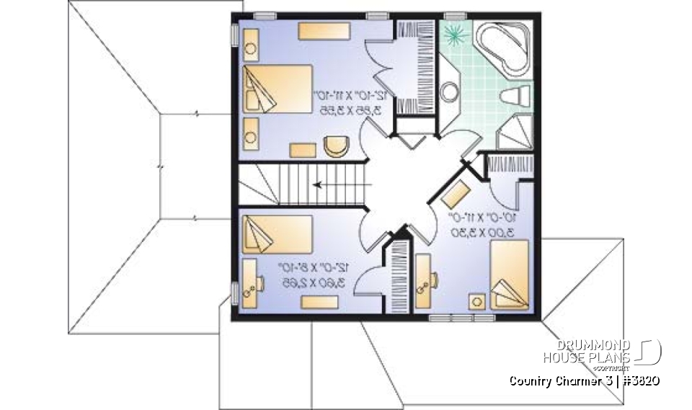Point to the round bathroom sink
pos(451,92)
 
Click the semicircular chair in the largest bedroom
pos(334,146)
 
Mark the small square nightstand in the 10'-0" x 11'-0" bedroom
pos(477,301)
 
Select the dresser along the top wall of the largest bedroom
pos(324,31)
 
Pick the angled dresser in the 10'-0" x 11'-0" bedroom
pos(457,193)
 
